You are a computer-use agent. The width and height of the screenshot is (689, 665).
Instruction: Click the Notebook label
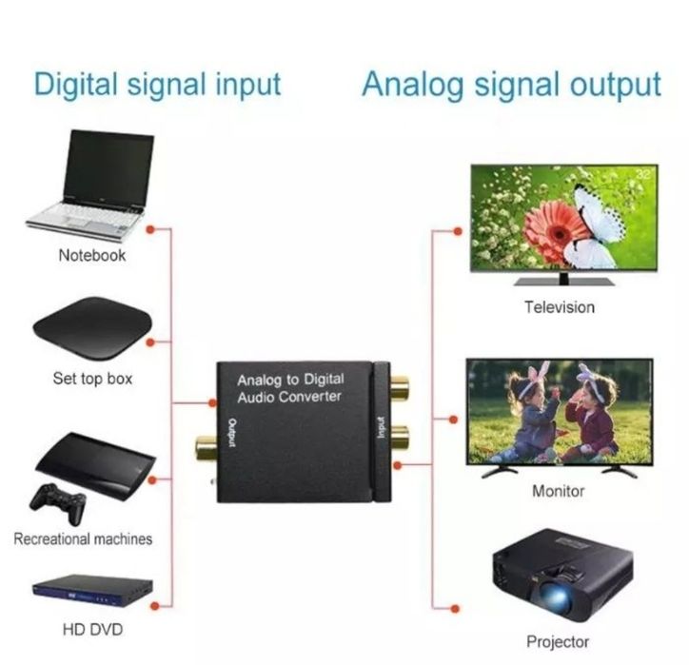[91, 255]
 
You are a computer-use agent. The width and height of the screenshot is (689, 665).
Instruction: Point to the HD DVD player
[92, 592]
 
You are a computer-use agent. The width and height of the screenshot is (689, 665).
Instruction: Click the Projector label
[558, 641]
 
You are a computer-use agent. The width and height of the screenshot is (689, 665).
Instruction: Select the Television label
[559, 307]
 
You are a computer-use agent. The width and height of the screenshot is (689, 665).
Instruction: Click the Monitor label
[559, 491]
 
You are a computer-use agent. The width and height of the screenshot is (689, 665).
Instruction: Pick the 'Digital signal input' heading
[158, 84]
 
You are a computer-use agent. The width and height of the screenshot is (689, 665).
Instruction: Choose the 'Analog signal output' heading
[511, 84]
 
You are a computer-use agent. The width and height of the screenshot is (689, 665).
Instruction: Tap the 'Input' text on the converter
[381, 428]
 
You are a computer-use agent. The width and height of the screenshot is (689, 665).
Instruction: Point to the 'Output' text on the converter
[231, 434]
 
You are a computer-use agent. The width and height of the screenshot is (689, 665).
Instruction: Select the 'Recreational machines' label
[83, 538]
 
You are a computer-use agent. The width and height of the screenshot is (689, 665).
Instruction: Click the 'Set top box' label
[92, 379]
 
